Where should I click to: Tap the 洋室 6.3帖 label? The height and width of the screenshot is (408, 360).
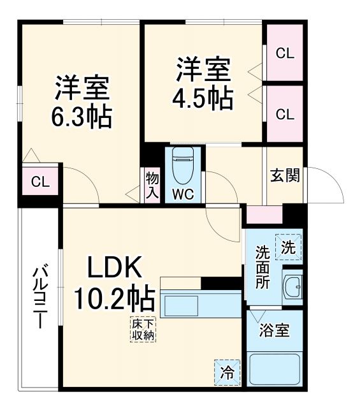[x=82, y=102]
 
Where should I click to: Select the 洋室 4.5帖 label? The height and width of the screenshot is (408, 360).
[x=203, y=83]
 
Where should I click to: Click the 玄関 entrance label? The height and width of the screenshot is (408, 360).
[x=284, y=176]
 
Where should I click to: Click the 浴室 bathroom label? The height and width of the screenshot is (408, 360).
[x=275, y=331]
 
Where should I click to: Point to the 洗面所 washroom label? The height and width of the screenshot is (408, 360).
[x=263, y=267]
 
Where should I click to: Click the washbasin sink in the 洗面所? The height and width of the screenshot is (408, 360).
[x=293, y=288]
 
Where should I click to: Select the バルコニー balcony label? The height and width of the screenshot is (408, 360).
[x=40, y=298]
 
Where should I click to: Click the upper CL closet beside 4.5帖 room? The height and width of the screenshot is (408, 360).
[x=284, y=54]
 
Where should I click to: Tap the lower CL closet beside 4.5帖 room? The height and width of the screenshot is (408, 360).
[x=284, y=114]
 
